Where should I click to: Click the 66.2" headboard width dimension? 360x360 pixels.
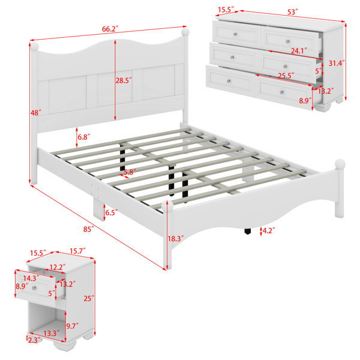pyautogui.click(x=110, y=29)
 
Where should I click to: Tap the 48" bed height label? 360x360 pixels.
pyautogui.click(x=36, y=113)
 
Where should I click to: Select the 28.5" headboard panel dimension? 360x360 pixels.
pyautogui.click(x=124, y=80)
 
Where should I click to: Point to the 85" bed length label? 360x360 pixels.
pyautogui.click(x=89, y=229)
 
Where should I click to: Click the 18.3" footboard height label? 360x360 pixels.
pyautogui.click(x=176, y=239)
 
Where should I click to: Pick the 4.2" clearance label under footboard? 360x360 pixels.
pyautogui.click(x=269, y=230)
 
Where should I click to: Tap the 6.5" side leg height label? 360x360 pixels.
pyautogui.click(x=112, y=212)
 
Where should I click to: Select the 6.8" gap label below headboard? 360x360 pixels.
pyautogui.click(x=84, y=137)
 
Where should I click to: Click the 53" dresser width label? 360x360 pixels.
pyautogui.click(x=293, y=12)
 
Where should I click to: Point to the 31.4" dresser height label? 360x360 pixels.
pyautogui.click(x=337, y=63)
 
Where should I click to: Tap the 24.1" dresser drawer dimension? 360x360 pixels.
pyautogui.click(x=299, y=50)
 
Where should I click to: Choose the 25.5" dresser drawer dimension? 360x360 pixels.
pyautogui.click(x=286, y=76)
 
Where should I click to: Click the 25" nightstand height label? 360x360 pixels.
pyautogui.click(x=89, y=298)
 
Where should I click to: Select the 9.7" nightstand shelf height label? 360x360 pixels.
pyautogui.click(x=73, y=326)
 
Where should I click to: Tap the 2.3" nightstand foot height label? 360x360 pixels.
pyautogui.click(x=34, y=340)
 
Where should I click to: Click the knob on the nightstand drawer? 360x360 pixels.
pyautogui.click(x=35, y=288)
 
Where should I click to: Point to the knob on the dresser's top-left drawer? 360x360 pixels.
pyautogui.click(x=235, y=34)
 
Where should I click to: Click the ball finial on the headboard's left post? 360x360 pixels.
pyautogui.click(x=34, y=46)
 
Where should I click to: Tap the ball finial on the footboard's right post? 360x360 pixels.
pyautogui.click(x=340, y=164)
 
